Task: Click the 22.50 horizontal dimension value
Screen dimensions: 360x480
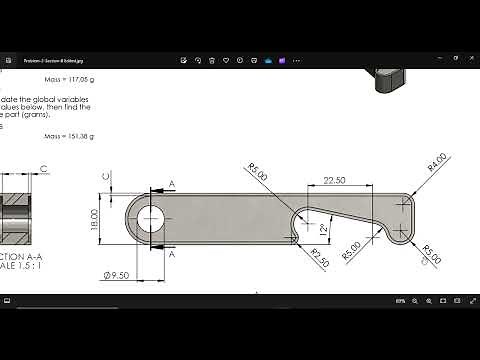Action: pyautogui.click(x=335, y=180)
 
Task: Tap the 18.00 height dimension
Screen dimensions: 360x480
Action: pyautogui.click(x=95, y=218)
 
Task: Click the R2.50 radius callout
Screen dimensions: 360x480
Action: pyautogui.click(x=319, y=256)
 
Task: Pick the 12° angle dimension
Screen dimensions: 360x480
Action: pyautogui.click(x=323, y=229)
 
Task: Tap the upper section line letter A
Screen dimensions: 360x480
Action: pyautogui.click(x=171, y=184)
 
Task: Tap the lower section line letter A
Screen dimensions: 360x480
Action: pyautogui.click(x=171, y=255)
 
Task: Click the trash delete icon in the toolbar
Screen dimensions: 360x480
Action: pyautogui.click(x=212, y=60)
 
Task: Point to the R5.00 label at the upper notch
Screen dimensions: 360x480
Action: pyautogui.click(x=258, y=173)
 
